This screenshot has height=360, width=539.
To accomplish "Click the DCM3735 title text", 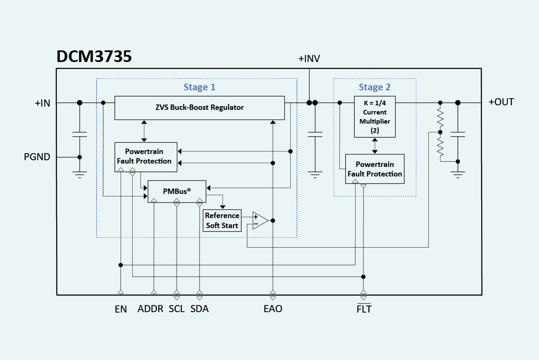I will (94, 57).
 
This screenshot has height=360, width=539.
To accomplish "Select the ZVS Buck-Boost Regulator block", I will (199, 107).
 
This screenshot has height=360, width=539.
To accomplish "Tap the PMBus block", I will (177, 191).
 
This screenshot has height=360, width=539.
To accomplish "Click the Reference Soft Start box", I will (222, 221).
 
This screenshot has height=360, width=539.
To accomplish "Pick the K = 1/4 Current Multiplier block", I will (374, 117).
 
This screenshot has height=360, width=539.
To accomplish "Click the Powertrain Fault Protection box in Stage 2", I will (375, 169).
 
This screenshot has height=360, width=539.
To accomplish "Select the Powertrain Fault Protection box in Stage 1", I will (146, 156).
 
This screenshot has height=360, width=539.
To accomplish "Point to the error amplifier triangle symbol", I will (260, 221).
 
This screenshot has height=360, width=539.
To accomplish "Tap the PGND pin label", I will (37, 157).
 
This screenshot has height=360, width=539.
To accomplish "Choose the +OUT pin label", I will (501, 102).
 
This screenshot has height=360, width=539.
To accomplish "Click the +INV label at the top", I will (309, 59).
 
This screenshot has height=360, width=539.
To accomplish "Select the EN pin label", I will (121, 309).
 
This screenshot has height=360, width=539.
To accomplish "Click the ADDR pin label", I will (151, 309).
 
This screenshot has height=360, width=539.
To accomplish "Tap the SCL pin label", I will (177, 309).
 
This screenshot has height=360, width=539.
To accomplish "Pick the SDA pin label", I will (200, 309).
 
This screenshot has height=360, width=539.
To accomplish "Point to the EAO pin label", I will (273, 309).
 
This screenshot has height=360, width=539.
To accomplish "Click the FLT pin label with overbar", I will (364, 309).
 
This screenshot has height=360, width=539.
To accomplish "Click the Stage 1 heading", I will (200, 87).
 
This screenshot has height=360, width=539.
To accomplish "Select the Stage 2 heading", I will (375, 87).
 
